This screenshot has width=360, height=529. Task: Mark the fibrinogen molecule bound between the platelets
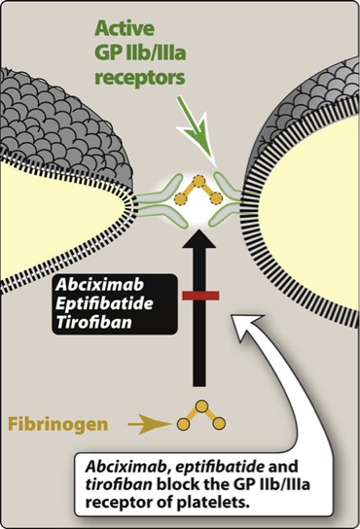[x=199, y=197]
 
